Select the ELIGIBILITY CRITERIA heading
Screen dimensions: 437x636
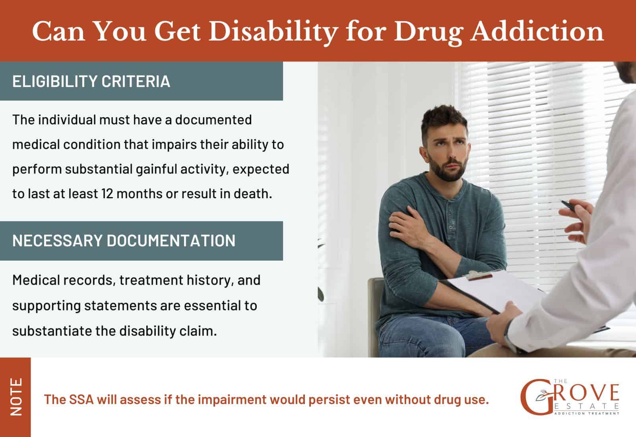[91, 81]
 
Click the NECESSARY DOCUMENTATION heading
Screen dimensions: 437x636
[124, 241]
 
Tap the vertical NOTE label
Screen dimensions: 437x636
[16, 397]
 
